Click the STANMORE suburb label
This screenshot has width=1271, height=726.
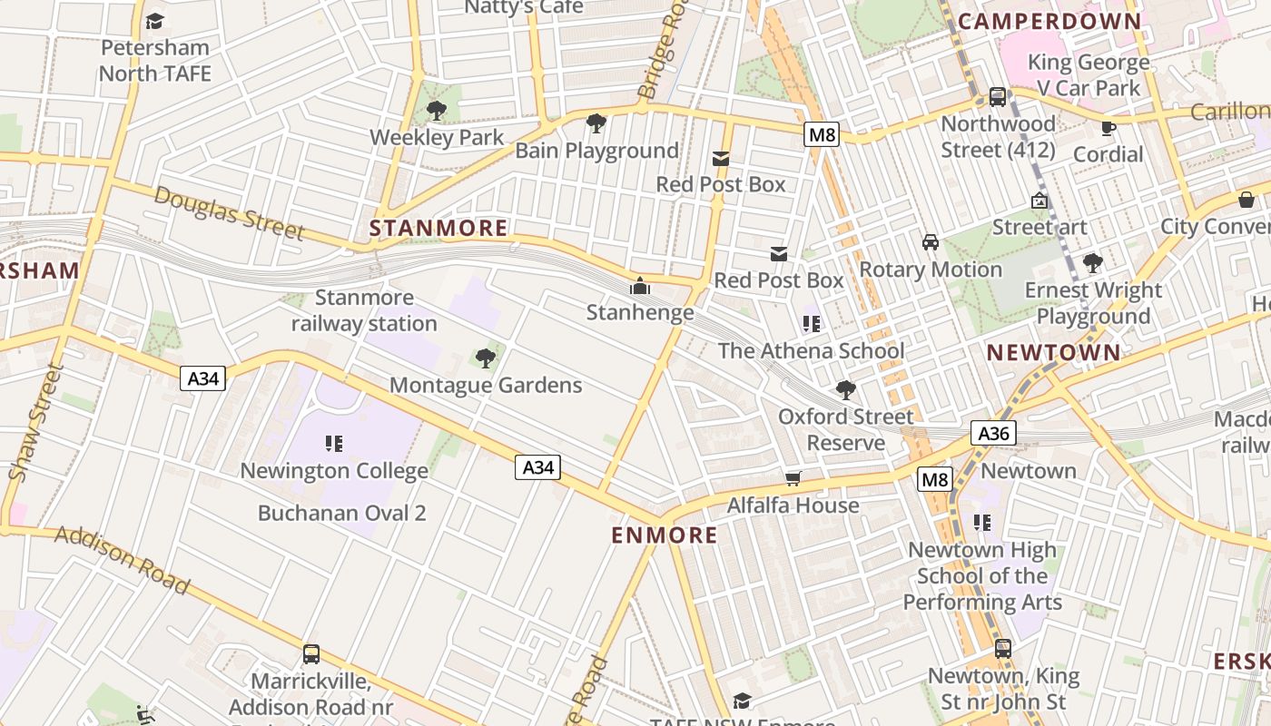tap(438, 228)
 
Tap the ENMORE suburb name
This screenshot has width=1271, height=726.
tap(665, 535)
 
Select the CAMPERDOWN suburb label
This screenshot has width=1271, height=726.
tap(1049, 21)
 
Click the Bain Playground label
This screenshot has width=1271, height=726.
tap(596, 151)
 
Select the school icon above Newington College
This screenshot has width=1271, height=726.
tap(333, 444)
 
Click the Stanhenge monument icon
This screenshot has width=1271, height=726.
tap(640, 287)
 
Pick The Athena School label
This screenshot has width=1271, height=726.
tap(811, 350)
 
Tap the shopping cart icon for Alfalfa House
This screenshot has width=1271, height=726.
tap(793, 478)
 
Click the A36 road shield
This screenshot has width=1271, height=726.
tap(993, 433)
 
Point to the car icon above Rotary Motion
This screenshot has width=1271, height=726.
tap(931, 242)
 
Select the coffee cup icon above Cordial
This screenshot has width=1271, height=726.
tap(1108, 128)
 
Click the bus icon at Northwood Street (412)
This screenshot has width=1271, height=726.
tap(998, 97)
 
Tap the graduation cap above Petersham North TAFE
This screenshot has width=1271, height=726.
tap(155, 21)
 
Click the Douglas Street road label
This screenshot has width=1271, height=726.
tap(229, 212)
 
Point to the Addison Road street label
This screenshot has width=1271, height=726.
tap(122, 559)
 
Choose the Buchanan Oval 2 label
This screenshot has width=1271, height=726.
tap(341, 513)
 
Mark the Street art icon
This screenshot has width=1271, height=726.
tap(1039, 201)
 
